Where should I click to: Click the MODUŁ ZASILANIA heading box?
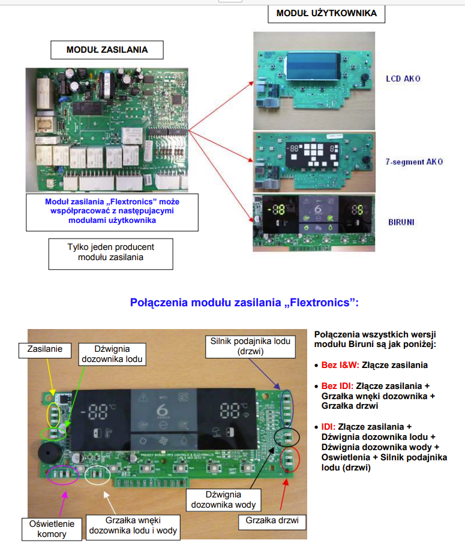pos(107,49)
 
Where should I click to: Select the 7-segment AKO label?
pos(415,162)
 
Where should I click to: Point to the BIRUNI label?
pos(401,222)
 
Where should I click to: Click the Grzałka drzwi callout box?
pos(272,521)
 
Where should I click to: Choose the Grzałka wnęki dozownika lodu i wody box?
pos(133,525)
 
